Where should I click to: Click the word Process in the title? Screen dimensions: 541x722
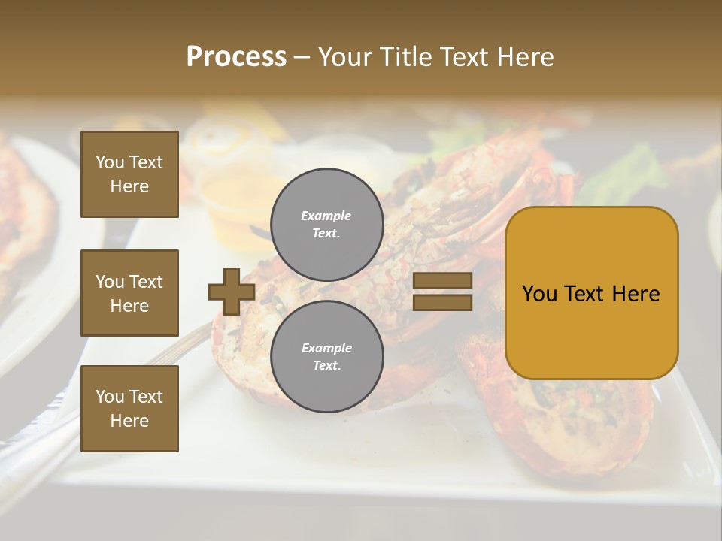tap(236, 57)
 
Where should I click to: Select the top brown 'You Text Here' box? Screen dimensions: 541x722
tap(129, 174)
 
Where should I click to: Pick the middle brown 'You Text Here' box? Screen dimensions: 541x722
tap(129, 293)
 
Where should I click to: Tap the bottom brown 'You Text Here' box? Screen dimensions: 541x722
tap(129, 408)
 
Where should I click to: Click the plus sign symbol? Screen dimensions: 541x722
tap(232, 292)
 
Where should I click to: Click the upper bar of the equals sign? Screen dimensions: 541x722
tap(442, 281)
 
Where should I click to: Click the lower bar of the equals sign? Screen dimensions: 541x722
tap(442, 302)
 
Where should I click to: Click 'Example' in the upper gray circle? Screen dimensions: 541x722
tap(326, 216)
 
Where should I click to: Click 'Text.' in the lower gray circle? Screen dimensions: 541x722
tap(326, 366)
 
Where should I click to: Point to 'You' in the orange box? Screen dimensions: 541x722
tap(539, 294)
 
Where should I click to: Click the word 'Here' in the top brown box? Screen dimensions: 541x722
tap(129, 186)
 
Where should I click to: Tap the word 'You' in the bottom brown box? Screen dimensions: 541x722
tap(110, 396)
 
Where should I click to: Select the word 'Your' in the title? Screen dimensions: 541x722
tap(345, 57)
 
